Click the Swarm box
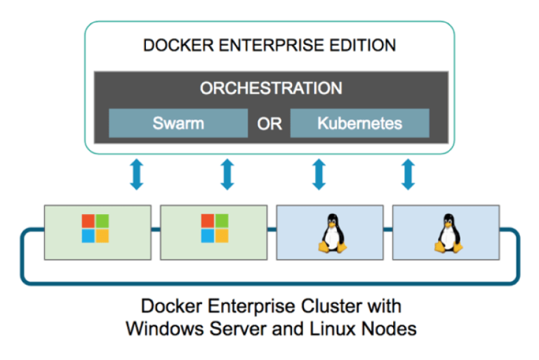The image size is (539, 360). tap(178, 124)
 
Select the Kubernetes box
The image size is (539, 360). tap(359, 124)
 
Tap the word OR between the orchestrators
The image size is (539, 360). tap(269, 124)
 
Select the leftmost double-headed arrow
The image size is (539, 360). tap(136, 174)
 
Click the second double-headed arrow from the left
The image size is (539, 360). tap(227, 174)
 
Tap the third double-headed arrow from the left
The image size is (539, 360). tap(318, 174)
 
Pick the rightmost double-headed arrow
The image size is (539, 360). tap(408, 174)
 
